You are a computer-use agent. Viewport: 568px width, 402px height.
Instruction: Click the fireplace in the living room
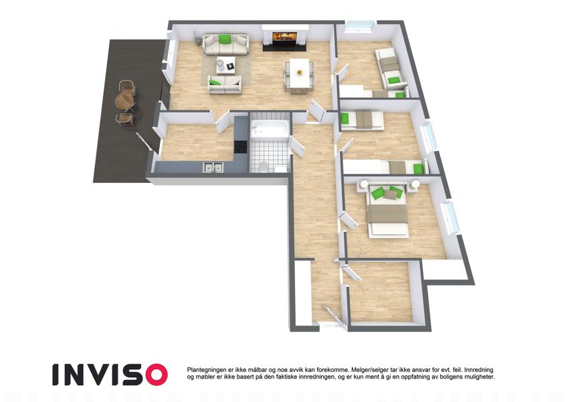(285, 38)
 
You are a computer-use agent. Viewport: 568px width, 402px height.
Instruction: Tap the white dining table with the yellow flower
(300, 73)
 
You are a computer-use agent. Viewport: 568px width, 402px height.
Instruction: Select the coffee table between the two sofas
(225, 64)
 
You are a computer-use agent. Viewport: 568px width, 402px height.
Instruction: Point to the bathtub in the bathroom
(270, 129)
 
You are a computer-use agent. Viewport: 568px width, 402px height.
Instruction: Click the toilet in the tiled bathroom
(264, 167)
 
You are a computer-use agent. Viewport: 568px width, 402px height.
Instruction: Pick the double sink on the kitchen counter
(213, 167)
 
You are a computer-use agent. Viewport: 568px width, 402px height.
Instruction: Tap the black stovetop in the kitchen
(240, 147)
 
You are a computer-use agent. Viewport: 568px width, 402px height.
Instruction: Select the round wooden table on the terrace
(124, 100)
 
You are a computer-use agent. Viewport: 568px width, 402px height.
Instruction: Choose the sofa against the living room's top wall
(225, 44)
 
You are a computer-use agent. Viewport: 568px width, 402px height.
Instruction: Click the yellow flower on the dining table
(300, 72)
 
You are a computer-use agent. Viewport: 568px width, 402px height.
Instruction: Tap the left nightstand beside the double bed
(363, 186)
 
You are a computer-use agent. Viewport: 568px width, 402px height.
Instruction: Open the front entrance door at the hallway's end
(332, 316)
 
